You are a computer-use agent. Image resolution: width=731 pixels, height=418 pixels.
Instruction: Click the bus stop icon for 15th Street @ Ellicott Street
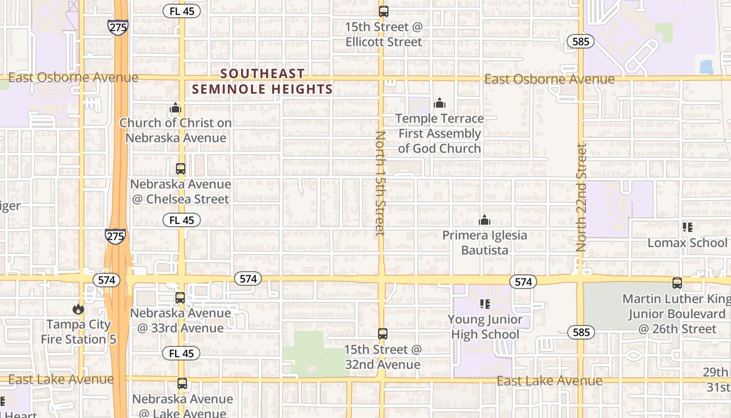click(x=384, y=11)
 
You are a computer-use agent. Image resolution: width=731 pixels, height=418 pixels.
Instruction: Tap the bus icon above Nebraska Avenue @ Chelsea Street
click(x=181, y=169)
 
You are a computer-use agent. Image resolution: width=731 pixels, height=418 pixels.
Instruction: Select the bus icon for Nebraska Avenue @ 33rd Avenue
click(x=180, y=298)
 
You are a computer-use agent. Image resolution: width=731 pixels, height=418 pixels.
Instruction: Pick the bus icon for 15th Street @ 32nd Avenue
click(x=383, y=333)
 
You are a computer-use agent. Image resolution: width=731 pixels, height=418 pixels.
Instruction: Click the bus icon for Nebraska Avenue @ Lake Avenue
click(x=182, y=384)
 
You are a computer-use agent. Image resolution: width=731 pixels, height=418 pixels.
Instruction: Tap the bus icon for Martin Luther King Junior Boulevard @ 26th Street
click(x=677, y=283)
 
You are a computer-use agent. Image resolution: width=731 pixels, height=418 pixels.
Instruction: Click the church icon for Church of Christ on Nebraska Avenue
click(x=175, y=108)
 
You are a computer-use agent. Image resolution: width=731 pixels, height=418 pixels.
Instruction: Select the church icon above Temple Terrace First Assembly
click(x=440, y=103)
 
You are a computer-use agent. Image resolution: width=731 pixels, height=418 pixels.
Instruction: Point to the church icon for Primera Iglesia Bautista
click(x=485, y=220)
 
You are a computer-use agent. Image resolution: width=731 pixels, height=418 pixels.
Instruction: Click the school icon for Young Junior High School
click(x=485, y=304)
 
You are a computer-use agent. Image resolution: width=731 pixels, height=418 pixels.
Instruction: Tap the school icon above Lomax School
click(x=688, y=227)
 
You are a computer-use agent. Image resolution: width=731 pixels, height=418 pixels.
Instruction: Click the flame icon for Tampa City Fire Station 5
click(x=78, y=309)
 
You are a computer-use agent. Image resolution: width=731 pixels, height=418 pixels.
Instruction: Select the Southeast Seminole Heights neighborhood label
click(x=262, y=82)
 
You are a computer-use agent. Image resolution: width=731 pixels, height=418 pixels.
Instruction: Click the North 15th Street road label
click(x=380, y=183)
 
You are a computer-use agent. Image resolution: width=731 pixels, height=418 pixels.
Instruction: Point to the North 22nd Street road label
click(x=582, y=198)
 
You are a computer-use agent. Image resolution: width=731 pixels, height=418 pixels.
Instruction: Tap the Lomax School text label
click(x=687, y=243)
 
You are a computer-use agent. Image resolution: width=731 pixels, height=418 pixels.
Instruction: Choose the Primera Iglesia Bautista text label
click(x=485, y=242)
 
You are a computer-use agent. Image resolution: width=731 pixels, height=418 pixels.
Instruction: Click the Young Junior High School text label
click(x=485, y=327)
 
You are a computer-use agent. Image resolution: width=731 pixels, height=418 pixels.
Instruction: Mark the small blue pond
click(x=706, y=66)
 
